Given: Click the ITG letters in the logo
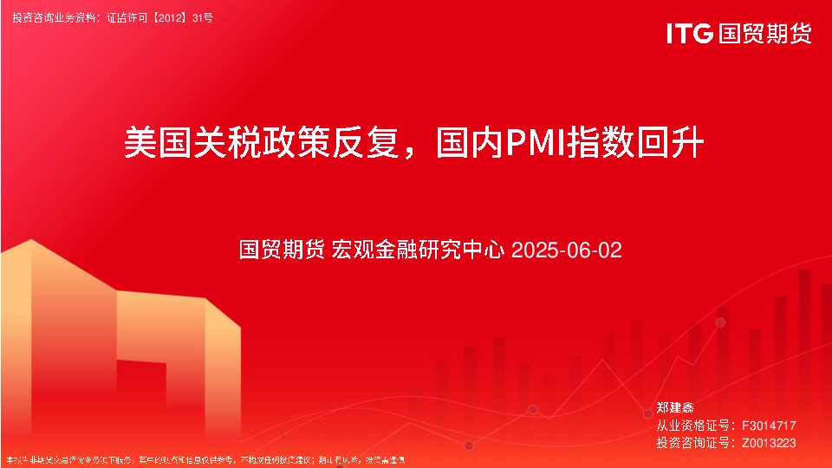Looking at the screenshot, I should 690,34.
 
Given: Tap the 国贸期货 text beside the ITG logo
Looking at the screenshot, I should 764,34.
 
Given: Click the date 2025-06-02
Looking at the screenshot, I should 567,250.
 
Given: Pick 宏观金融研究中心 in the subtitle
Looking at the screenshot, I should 419,250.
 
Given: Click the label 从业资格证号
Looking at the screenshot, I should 691,425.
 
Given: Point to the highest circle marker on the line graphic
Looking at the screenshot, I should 720,322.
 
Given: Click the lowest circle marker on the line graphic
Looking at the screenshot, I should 469,445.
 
